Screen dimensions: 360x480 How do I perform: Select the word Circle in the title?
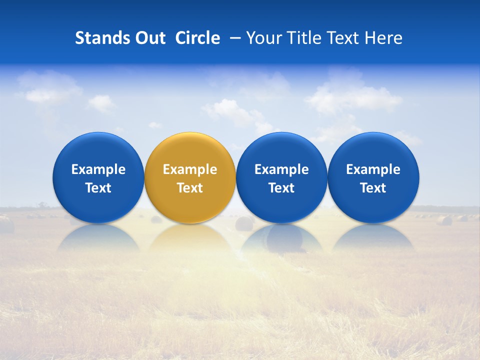click(x=197, y=38)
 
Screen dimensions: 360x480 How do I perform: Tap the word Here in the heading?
click(x=383, y=38)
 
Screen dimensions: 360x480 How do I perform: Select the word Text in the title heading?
click(x=345, y=38)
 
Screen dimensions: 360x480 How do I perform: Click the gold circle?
click(x=190, y=150)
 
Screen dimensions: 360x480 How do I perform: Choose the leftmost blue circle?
click(x=98, y=150)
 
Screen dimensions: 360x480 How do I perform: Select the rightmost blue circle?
click(x=373, y=150)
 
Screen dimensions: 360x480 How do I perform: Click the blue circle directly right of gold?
click(x=281, y=150)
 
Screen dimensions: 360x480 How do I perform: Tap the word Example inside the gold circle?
click(x=190, y=169)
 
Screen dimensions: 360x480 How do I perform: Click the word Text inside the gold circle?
click(x=190, y=188)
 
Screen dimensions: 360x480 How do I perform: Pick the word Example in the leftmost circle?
click(x=98, y=169)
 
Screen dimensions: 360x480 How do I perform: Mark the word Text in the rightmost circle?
click(x=373, y=188)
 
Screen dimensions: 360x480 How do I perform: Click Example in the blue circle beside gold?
click(x=281, y=169)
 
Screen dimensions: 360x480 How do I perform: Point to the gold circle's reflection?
click(x=190, y=237)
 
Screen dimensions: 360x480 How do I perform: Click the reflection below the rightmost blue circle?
click(x=373, y=237)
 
